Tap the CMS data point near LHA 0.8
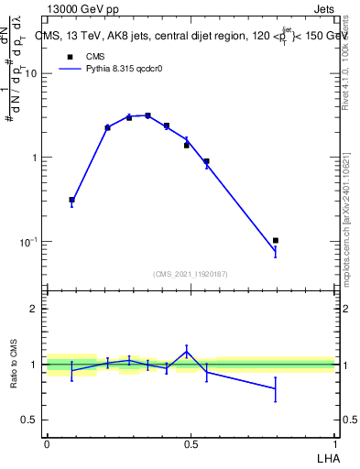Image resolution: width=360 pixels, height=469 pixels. pos(276,240)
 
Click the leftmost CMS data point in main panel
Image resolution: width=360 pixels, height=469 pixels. pos(71,200)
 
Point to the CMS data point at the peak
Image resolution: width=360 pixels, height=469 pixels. pos(147,115)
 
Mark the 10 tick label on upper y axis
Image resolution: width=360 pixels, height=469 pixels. pos(31,73)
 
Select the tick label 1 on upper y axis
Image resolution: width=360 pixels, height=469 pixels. pos(35,158)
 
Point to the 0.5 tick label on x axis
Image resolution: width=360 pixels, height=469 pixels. pos(191,444)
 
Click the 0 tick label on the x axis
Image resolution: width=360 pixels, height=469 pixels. pos(47,444)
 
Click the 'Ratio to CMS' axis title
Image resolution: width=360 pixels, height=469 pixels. pos(13,365)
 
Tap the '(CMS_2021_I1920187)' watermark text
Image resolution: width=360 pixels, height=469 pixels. pos(191,273)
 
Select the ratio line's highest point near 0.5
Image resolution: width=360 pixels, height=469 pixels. pos(187,351)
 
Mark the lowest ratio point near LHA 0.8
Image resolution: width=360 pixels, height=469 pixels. pos(276,388)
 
